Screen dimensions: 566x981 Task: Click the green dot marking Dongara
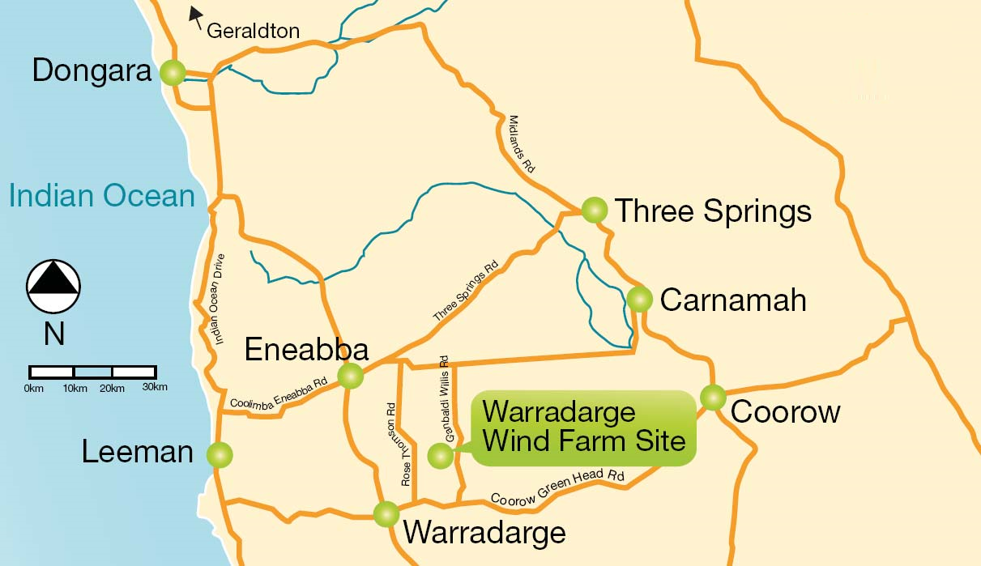pyautogui.click(x=173, y=73)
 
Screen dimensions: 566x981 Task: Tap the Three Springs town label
pyautogui.click(x=713, y=211)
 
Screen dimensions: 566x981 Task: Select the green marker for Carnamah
pyautogui.click(x=639, y=299)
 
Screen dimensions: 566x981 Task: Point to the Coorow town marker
pyautogui.click(x=713, y=398)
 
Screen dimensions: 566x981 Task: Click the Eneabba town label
pyautogui.click(x=306, y=350)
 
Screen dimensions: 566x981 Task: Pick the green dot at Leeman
pyautogui.click(x=219, y=453)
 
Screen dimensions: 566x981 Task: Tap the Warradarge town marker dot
pyautogui.click(x=386, y=513)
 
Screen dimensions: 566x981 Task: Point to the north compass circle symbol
pyautogui.click(x=53, y=287)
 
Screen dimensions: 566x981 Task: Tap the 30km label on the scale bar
pyautogui.click(x=154, y=388)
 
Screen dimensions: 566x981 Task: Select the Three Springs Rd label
pyautogui.click(x=465, y=291)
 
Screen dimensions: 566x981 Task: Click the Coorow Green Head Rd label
pyautogui.click(x=558, y=488)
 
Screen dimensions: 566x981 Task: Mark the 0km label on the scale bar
pyautogui.click(x=33, y=388)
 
